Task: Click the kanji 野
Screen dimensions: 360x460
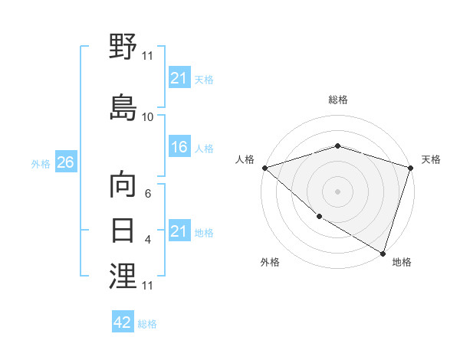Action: click(123, 47)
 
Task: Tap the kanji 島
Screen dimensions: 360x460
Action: click(123, 106)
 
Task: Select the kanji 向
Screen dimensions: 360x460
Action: click(123, 186)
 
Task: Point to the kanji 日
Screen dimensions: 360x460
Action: click(123, 230)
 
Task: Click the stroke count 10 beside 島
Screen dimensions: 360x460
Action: click(148, 117)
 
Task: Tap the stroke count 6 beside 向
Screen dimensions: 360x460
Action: click(148, 195)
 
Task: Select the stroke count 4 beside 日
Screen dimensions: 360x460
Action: click(148, 240)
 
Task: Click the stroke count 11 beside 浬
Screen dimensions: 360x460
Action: click(148, 286)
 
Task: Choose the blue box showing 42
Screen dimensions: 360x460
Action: click(123, 322)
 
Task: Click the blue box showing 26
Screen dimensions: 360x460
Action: click(65, 162)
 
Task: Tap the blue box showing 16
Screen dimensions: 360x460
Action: click(179, 147)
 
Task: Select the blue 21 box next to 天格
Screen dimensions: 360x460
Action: click(179, 78)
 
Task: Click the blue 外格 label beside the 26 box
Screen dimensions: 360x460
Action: click(41, 163)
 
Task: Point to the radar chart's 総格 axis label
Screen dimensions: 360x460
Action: click(337, 100)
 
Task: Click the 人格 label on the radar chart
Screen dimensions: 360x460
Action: click(245, 159)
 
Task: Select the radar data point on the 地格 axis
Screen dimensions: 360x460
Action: click(383, 253)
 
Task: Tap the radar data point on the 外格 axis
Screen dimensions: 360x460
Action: click(319, 217)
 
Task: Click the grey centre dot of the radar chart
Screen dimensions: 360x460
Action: click(337, 191)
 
